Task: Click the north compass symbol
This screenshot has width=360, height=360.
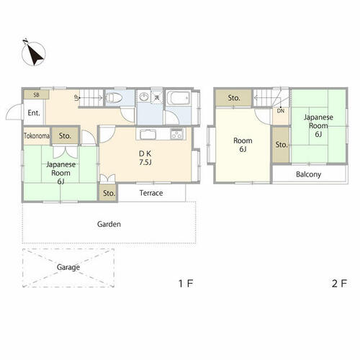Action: [x=34, y=53]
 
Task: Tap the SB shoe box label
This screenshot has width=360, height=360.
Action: [x=36, y=95]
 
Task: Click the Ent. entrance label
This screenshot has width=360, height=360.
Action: [x=34, y=113]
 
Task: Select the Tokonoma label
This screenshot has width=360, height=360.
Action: [x=37, y=136]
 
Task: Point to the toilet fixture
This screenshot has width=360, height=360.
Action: [x=114, y=98]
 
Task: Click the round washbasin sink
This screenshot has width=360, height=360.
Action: [x=144, y=97]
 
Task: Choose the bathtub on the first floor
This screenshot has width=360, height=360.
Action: [x=179, y=98]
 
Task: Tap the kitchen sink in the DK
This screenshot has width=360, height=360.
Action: [x=148, y=134]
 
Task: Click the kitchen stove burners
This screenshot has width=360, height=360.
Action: [x=177, y=134]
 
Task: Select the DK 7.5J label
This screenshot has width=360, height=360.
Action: [x=145, y=158]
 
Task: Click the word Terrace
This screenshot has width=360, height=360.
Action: [x=151, y=193]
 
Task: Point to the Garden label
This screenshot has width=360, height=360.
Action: [x=109, y=224]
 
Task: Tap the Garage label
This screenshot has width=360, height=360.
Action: [x=68, y=267]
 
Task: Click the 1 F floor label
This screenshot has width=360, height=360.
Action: [x=186, y=284]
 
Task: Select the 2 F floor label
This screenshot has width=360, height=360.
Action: [x=339, y=284]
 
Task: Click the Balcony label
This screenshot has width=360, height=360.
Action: [x=308, y=174]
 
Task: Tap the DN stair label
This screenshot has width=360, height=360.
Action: [x=281, y=111]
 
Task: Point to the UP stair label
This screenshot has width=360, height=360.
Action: [x=76, y=98]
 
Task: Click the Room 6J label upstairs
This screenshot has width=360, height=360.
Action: [x=243, y=145]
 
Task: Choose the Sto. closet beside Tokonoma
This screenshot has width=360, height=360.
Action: [x=65, y=136]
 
